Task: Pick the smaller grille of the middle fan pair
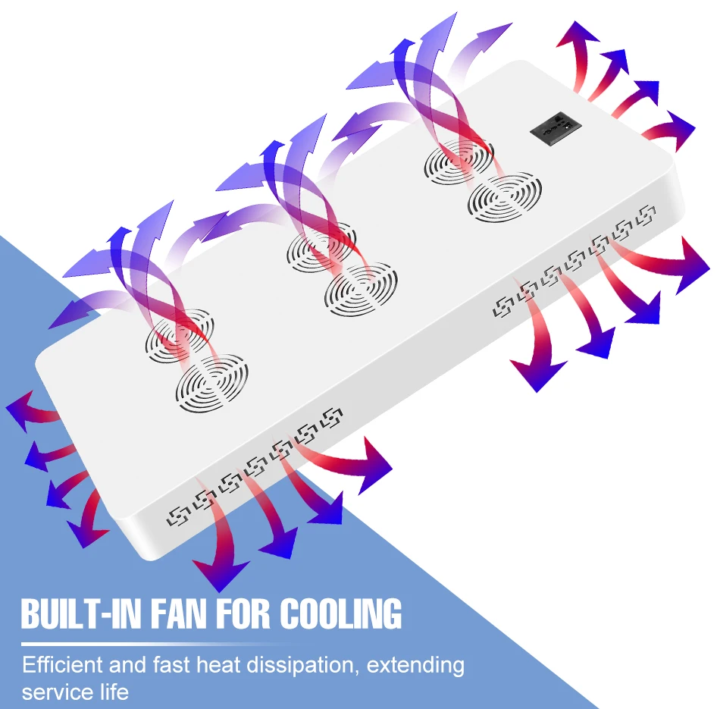321,246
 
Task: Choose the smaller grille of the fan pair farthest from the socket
180,334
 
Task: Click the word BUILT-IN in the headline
83,613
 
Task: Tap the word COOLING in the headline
341,613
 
